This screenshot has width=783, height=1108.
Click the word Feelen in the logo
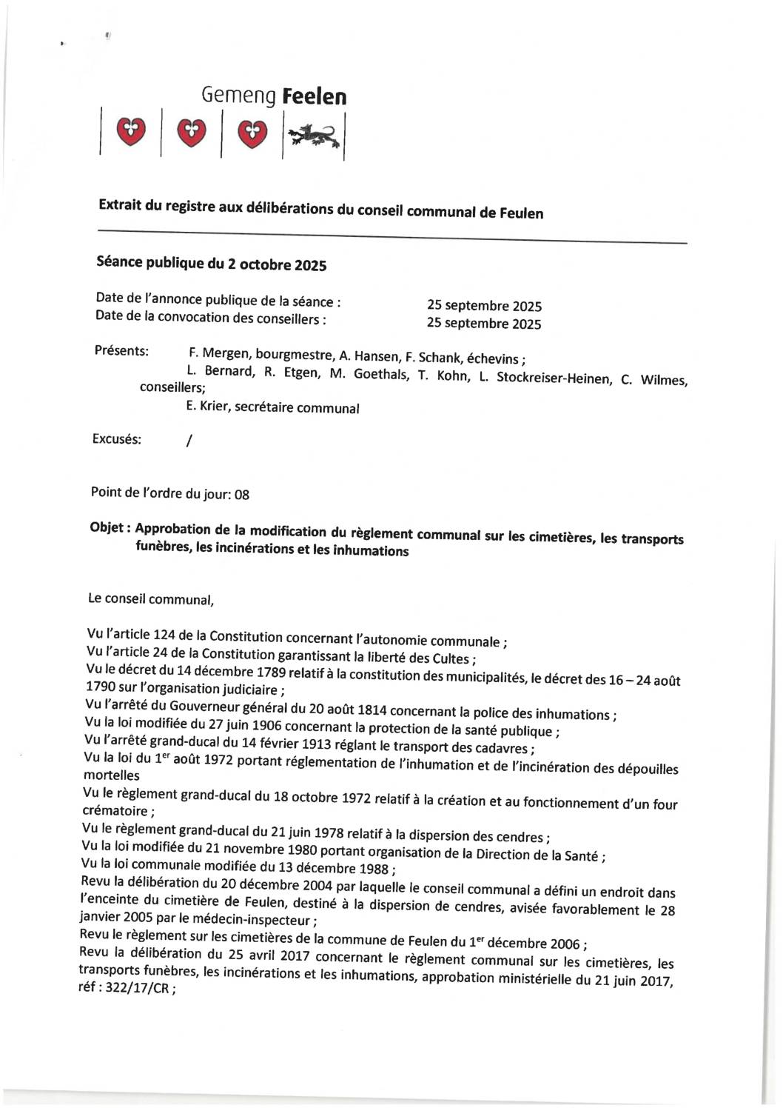point(315,97)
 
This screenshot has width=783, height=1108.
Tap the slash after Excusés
point(189,441)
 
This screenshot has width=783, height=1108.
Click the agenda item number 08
point(241,495)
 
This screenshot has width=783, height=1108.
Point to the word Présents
point(121,350)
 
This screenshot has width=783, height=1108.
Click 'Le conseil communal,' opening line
point(151,599)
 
